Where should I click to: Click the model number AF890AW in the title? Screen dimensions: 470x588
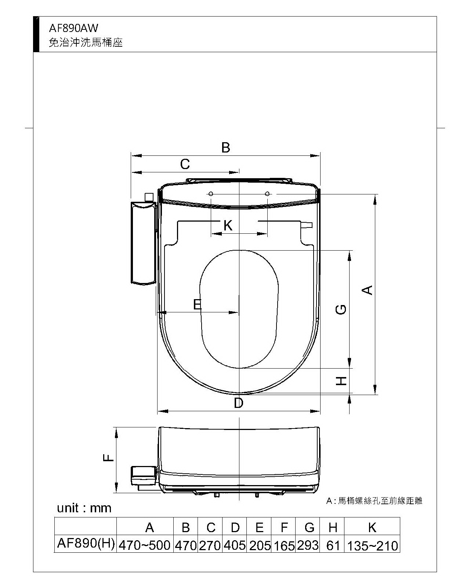73,28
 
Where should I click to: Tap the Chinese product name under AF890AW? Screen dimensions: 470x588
86,42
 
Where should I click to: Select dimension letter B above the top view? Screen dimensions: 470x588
225,147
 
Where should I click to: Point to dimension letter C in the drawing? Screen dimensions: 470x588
185,164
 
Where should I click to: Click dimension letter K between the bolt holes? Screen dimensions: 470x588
228,226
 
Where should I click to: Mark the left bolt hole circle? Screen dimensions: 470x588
210,194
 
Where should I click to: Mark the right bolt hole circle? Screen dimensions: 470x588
267,194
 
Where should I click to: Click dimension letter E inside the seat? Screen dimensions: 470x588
197,304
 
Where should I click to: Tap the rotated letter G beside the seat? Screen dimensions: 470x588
341,309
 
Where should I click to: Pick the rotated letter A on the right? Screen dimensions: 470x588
367,290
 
